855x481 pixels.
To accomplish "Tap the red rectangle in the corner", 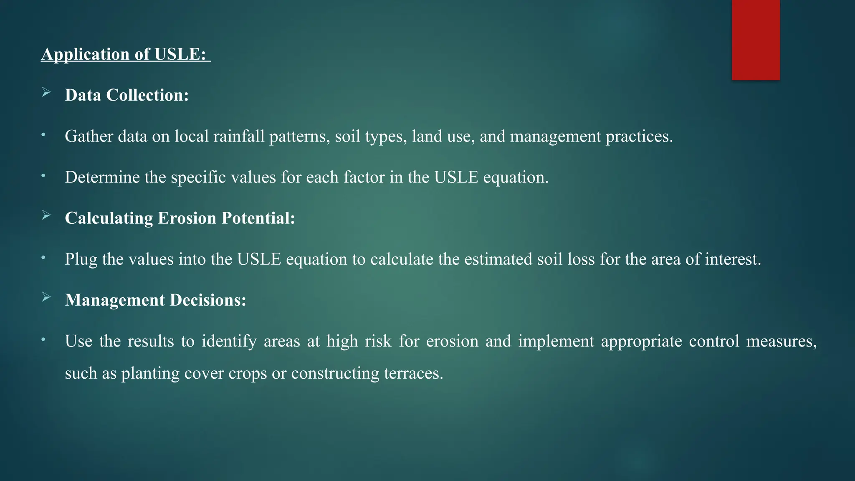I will pyautogui.click(x=756, y=40).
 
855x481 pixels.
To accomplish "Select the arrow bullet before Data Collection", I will pyautogui.click(x=46, y=93).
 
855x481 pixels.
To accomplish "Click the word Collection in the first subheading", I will pyautogui.click(x=147, y=96).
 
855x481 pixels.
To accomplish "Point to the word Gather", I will pyautogui.click(x=89, y=137).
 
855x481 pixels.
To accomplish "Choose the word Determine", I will pyautogui.click(x=102, y=177).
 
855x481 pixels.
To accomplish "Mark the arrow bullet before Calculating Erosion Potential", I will pyautogui.click(x=46, y=215).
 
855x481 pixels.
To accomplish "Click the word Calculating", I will pyautogui.click(x=109, y=218).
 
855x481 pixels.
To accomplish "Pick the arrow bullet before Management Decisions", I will pyautogui.click(x=46, y=297).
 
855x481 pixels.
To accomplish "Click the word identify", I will pyautogui.click(x=229, y=342).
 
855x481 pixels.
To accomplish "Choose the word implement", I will pyautogui.click(x=556, y=342).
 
